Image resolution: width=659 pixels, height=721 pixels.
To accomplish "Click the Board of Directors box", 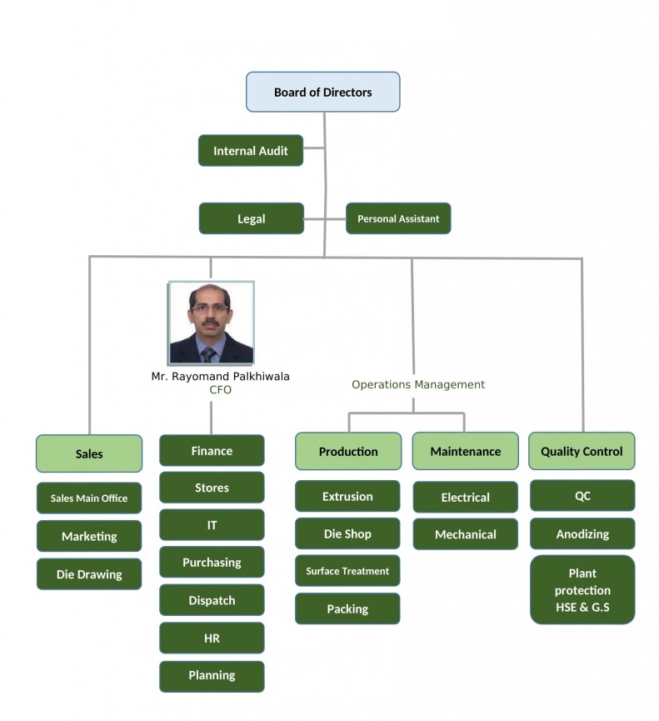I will click(322, 92).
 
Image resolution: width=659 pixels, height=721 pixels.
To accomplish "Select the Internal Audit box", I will click(250, 151).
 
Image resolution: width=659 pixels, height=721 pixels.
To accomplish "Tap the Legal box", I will click(251, 218).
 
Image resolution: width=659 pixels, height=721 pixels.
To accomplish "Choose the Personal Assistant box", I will click(398, 218).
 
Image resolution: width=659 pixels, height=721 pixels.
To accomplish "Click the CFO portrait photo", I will click(211, 323).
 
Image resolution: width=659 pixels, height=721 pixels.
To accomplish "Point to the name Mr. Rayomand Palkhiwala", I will click(220, 377).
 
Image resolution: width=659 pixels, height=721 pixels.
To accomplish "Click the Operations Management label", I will click(417, 384).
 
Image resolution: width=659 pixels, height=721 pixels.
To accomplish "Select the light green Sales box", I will click(89, 453).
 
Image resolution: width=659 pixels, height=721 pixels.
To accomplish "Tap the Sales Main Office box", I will click(89, 498).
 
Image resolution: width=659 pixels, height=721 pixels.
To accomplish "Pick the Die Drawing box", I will click(89, 573).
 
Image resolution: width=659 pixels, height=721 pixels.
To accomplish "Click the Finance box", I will click(212, 450).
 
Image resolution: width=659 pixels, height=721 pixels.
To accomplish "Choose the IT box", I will click(212, 525).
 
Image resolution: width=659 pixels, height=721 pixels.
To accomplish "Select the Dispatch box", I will click(212, 600).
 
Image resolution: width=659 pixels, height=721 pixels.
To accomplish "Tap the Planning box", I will click(212, 675).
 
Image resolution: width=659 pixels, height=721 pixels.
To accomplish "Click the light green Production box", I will click(348, 451).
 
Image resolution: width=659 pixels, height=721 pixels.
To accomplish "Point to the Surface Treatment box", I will click(347, 571).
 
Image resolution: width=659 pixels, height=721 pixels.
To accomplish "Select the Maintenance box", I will click(465, 451).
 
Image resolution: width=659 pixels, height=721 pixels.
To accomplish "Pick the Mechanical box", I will click(465, 534).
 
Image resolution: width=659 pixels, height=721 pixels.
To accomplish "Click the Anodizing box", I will click(582, 533).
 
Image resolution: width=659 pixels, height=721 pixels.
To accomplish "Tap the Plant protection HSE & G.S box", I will click(582, 589).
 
